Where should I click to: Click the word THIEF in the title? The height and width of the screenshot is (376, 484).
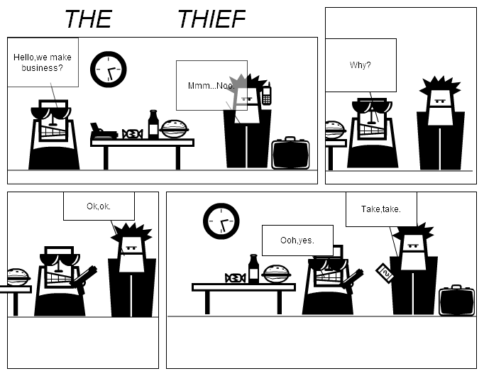[x=211, y=19]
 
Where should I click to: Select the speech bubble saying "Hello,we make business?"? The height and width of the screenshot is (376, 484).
[x=42, y=62]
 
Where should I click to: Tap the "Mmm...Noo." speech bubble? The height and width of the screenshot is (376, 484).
[x=211, y=85]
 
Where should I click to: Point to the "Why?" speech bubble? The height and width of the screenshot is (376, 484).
[x=360, y=65]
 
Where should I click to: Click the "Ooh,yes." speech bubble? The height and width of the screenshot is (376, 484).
[x=297, y=240]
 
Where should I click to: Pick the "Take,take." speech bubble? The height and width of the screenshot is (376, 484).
[x=381, y=209]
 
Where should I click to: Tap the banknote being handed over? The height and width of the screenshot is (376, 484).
[x=385, y=272]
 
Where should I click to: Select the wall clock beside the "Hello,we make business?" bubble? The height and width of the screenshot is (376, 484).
[x=109, y=69]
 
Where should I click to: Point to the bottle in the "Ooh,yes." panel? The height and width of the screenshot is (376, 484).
[x=253, y=270]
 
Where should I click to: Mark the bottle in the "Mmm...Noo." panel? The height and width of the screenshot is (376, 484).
[x=153, y=125]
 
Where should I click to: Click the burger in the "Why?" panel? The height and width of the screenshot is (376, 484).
[x=334, y=130]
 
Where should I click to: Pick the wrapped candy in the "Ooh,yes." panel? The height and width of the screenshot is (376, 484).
[x=235, y=277]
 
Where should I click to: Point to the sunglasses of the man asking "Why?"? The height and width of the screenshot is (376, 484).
[x=373, y=107]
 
